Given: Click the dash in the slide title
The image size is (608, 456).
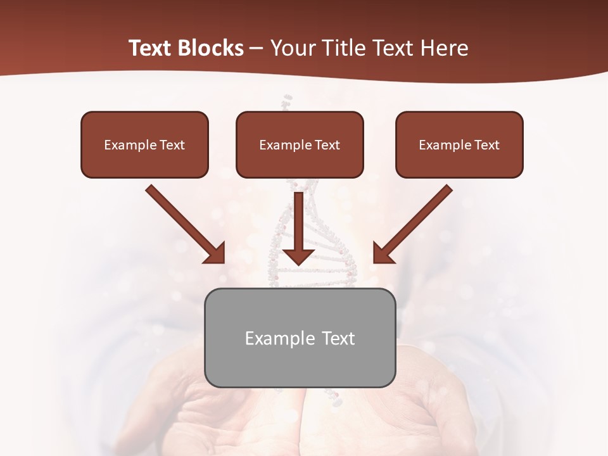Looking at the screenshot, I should pos(256,49).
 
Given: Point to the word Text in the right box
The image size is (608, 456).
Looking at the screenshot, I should pos(486,145).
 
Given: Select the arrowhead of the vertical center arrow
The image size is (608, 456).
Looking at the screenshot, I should pos(298,256).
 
